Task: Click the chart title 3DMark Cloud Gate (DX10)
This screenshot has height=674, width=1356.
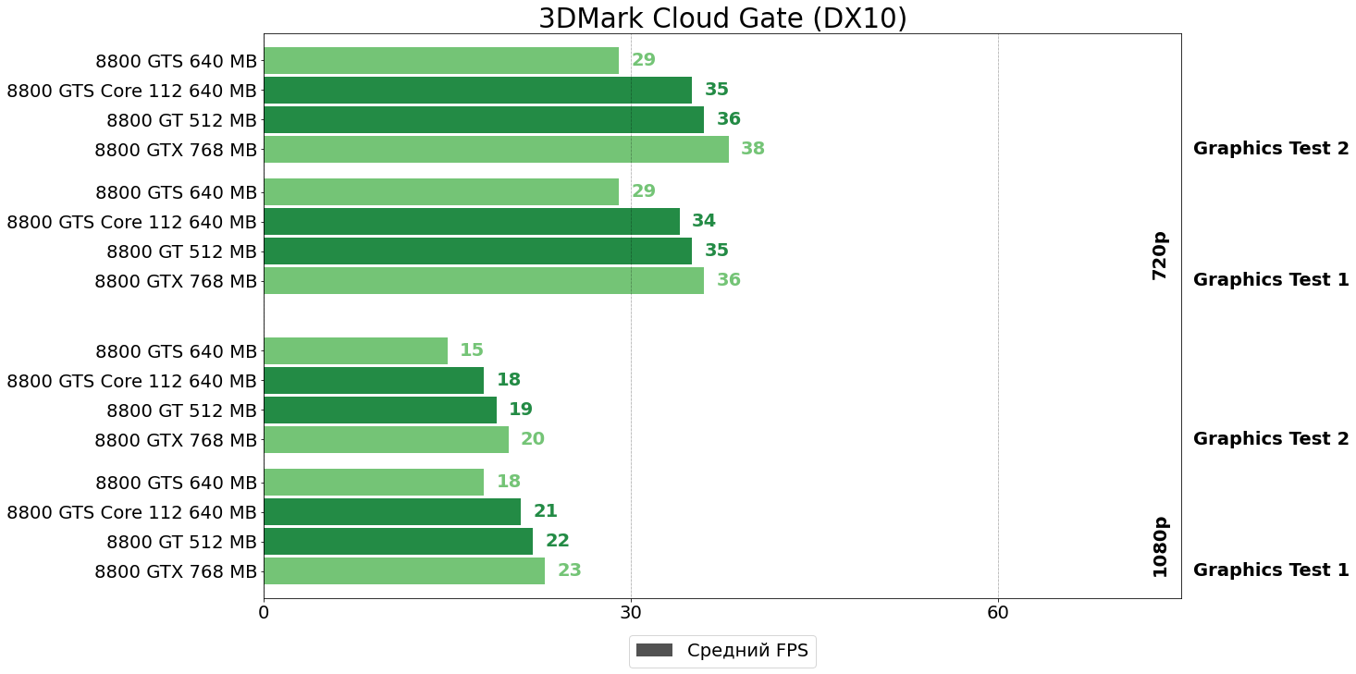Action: pyautogui.click(x=722, y=18)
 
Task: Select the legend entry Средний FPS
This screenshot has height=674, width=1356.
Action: pyautogui.click(x=722, y=651)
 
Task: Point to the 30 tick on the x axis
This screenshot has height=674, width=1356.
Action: pyautogui.click(x=631, y=612)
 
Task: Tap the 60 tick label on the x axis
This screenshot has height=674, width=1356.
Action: pyautogui.click(x=998, y=612)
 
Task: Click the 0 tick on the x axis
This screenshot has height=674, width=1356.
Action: pyautogui.click(x=264, y=612)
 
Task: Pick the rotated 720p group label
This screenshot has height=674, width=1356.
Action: pyautogui.click(x=1160, y=255)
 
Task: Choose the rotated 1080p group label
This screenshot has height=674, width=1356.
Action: pyautogui.click(x=1160, y=546)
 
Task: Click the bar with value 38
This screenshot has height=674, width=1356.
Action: pyautogui.click(x=496, y=149)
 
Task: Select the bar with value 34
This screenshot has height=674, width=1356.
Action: pyautogui.click(x=472, y=221)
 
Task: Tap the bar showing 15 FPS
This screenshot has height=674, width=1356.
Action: pyautogui.click(x=355, y=350)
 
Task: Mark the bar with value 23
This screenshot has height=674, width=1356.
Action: pyautogui.click(x=404, y=570)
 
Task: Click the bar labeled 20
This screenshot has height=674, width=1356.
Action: pyautogui.click(x=386, y=439)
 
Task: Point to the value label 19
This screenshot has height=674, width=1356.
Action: pyautogui.click(x=521, y=410)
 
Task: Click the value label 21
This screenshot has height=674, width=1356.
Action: pyautogui.click(x=546, y=511)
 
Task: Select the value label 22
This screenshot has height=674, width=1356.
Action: pyautogui.click(x=558, y=541)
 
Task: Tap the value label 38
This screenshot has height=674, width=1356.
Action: pyautogui.click(x=753, y=149)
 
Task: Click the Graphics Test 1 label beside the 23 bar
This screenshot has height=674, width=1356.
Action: pyautogui.click(x=1271, y=570)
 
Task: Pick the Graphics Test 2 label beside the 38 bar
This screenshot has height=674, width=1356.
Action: pyautogui.click(x=1271, y=149)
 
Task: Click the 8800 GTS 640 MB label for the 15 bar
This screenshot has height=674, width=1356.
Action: pyautogui.click(x=176, y=351)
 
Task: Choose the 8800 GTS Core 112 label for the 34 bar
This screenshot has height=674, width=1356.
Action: pyautogui.click(x=131, y=222)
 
